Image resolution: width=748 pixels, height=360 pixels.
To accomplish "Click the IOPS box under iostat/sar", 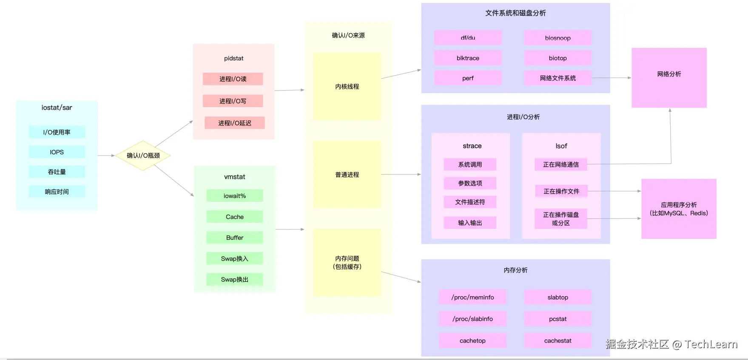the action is (57, 152).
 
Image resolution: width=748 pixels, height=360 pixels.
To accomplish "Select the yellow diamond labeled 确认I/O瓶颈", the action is (143, 156).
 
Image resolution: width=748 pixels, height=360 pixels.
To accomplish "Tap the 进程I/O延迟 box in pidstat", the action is (235, 123).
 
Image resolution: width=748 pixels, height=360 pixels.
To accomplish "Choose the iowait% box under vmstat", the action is (235, 196).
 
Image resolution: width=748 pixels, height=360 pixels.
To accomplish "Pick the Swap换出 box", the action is (235, 279).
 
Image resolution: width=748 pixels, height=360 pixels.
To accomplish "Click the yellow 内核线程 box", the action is (347, 86).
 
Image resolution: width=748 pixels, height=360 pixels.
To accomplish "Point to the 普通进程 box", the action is (347, 175).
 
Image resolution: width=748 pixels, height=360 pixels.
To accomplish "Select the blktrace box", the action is (468, 58).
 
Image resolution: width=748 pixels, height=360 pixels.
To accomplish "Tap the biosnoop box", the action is (558, 38).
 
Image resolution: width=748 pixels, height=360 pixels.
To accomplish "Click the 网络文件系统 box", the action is (558, 78).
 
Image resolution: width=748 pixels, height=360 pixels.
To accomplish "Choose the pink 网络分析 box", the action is (669, 78).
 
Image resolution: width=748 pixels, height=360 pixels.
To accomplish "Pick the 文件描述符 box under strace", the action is (470, 202).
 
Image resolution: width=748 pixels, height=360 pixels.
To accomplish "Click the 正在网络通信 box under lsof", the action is (561, 164).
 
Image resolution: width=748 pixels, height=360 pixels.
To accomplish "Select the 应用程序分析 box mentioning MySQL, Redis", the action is (679, 209).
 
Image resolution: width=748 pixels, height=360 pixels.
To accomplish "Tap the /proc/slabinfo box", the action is (472, 319).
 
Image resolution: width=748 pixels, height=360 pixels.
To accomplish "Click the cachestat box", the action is (558, 340).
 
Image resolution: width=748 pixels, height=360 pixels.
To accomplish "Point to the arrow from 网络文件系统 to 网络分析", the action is (611, 78).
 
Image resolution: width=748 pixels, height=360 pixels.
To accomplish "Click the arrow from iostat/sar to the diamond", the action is (106, 156).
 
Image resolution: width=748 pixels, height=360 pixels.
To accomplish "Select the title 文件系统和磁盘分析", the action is (515, 13).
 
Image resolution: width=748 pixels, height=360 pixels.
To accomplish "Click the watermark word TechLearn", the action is (711, 344).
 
